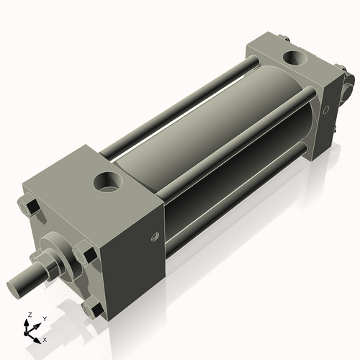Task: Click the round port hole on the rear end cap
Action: pos(295,58)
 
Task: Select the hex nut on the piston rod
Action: pos(50,264)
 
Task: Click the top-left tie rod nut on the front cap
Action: pos(28,206)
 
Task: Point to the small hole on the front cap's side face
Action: pos(155,236)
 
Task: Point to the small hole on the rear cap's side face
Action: pos(325,110)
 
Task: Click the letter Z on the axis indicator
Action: pos(30,315)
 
